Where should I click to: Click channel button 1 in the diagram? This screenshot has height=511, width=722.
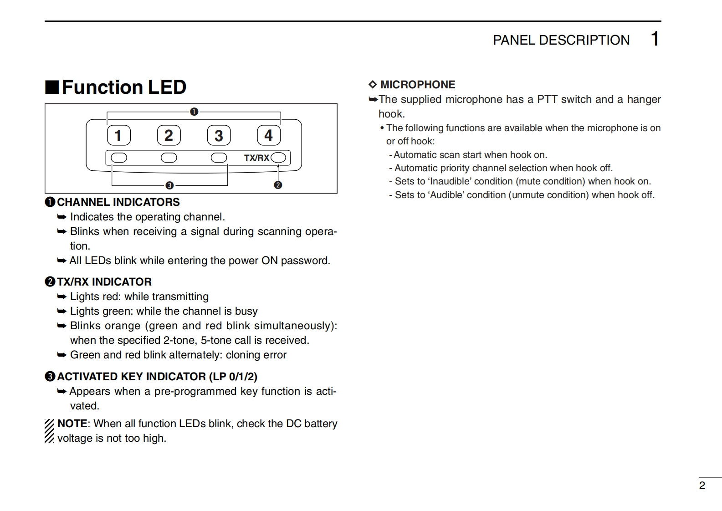pyautogui.click(x=118, y=135)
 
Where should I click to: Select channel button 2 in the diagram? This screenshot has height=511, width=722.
pyautogui.click(x=169, y=135)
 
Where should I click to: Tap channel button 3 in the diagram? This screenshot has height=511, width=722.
pyautogui.click(x=219, y=135)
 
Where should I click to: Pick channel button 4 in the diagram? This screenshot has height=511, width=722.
pyautogui.click(x=269, y=135)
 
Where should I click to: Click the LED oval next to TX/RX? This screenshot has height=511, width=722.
pyautogui.click(x=278, y=158)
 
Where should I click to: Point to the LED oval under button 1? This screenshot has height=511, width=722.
pyautogui.click(x=119, y=158)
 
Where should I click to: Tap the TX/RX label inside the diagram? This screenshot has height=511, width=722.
pyautogui.click(x=256, y=158)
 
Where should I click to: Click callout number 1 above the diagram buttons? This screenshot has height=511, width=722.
pyautogui.click(x=194, y=112)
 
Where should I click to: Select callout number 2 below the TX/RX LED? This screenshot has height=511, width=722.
pyautogui.click(x=278, y=185)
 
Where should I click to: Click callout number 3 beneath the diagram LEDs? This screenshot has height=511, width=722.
pyautogui.click(x=169, y=185)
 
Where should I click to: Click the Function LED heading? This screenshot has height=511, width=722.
pyautogui.click(x=123, y=87)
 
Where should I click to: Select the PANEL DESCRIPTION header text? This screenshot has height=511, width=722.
pyautogui.click(x=561, y=40)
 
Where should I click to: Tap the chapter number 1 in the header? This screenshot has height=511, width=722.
pyautogui.click(x=655, y=39)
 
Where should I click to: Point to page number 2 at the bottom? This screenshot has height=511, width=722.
pyautogui.click(x=702, y=485)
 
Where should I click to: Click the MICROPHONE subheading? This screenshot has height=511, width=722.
pyautogui.click(x=417, y=85)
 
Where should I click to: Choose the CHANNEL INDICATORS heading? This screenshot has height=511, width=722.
pyautogui.click(x=118, y=202)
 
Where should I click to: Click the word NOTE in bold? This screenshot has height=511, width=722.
pyautogui.click(x=72, y=424)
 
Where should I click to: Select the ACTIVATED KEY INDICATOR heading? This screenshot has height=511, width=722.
pyautogui.click(x=157, y=377)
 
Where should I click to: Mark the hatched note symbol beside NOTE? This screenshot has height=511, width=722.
pyautogui.click(x=49, y=431)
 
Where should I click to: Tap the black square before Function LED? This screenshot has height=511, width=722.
pyautogui.click(x=51, y=87)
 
